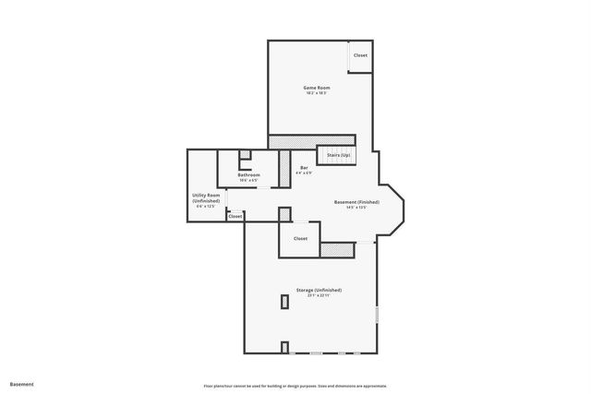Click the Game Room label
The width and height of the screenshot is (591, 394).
click(x=317, y=88)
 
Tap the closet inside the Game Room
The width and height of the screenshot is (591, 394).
click(x=360, y=55)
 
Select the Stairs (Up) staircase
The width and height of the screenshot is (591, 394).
click(x=338, y=155)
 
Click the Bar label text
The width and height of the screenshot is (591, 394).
click(x=304, y=167)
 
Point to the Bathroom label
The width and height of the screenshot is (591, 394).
click(x=248, y=174)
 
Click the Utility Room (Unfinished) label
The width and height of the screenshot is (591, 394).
click(x=206, y=197)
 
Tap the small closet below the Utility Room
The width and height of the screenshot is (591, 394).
click(x=235, y=216)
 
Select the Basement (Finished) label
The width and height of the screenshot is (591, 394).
click(x=356, y=201)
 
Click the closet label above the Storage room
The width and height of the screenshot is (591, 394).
click(x=300, y=238)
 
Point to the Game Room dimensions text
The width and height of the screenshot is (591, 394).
click(x=317, y=93)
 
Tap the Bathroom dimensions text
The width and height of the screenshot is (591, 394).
click(x=248, y=180)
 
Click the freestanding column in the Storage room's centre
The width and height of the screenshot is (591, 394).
click(x=283, y=302)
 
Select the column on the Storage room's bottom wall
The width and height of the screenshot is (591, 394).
click(x=284, y=348)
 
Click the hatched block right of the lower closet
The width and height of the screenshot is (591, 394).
click(x=338, y=248)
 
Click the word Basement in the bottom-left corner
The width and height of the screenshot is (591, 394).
click(x=21, y=384)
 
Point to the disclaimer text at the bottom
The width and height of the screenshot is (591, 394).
click(x=295, y=386)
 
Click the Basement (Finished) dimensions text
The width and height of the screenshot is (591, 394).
click(x=356, y=207)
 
